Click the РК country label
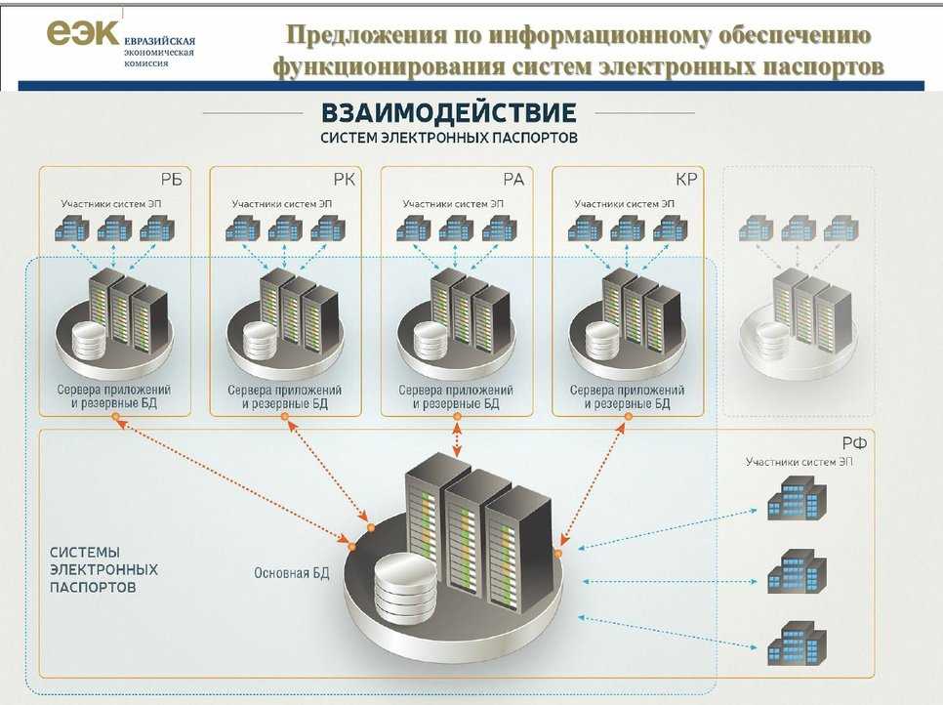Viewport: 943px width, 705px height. point(344,179)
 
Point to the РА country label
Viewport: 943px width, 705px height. point(514,179)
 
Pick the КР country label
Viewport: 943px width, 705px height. point(685,179)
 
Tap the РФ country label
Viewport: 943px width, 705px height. point(854,442)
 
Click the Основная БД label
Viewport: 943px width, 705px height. point(291,573)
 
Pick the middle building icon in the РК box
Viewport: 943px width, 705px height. point(285,228)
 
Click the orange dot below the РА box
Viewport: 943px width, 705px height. point(455,417)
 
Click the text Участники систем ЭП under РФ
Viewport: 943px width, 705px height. point(799,461)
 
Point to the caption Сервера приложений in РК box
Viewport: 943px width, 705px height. point(285,390)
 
